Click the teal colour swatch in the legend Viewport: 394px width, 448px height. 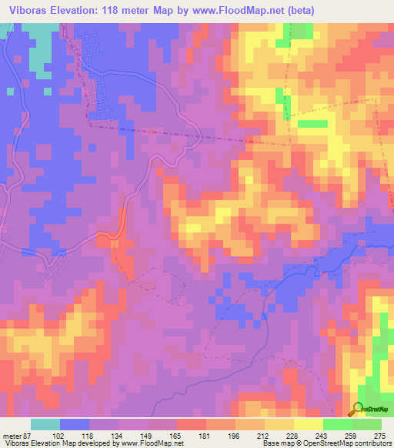click(45, 424)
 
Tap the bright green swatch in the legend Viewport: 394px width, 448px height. click(367, 424)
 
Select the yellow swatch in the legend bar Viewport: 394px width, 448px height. click(279, 424)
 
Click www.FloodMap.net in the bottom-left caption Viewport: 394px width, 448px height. click(151, 443)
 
